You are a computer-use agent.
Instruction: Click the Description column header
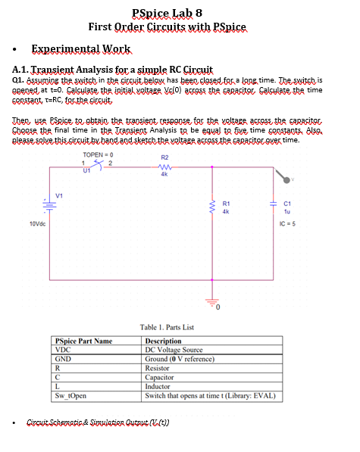point(163,341)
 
